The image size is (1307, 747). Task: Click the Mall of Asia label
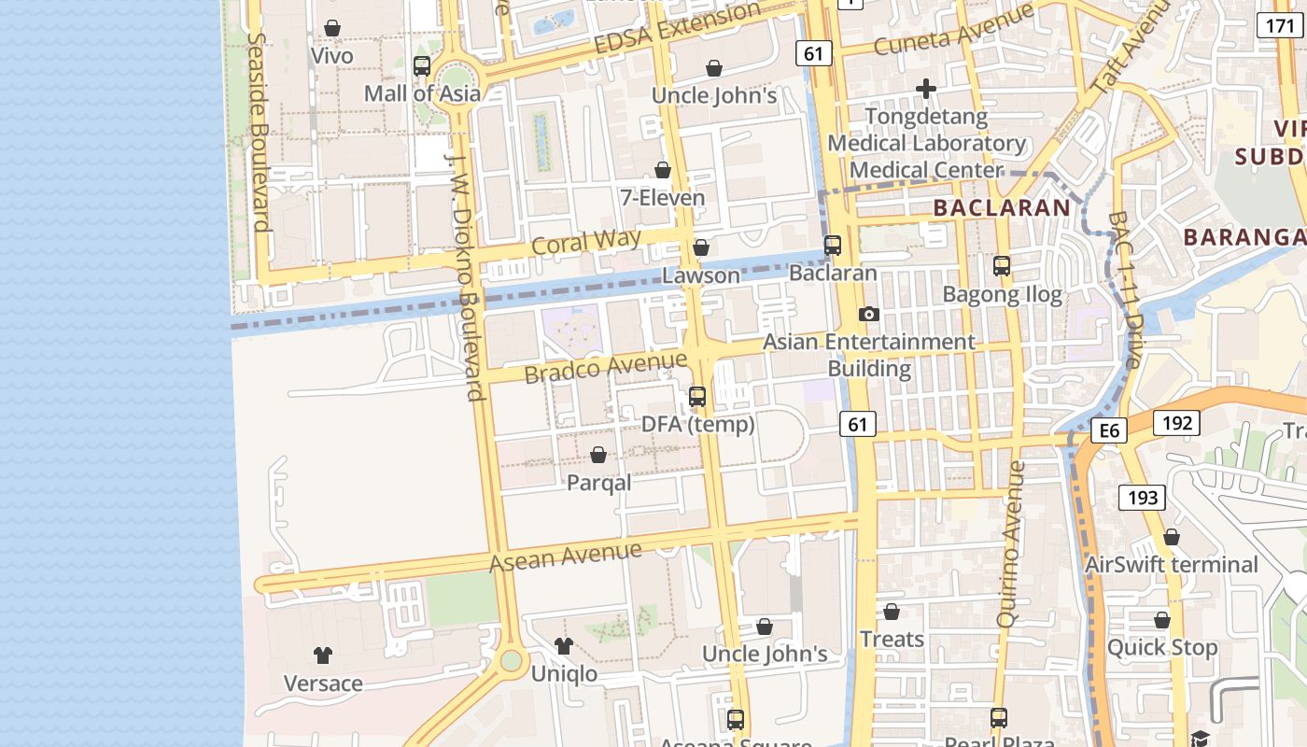click(x=422, y=93)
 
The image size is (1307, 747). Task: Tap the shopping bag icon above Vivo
click(x=331, y=29)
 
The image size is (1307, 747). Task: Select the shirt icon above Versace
click(x=323, y=655)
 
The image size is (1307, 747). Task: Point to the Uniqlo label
click(x=564, y=673)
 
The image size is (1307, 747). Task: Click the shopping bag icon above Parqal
click(x=598, y=455)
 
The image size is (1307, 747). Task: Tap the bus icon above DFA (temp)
click(x=697, y=397)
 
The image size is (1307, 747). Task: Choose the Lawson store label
click(x=700, y=275)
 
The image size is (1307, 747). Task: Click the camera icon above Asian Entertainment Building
click(x=869, y=314)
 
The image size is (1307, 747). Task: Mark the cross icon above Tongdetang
click(x=926, y=89)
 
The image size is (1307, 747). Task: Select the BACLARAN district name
click(x=1001, y=207)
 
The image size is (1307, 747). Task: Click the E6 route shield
click(x=1109, y=430)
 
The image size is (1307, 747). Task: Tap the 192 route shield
click(x=1177, y=423)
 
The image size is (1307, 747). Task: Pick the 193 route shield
click(x=1143, y=497)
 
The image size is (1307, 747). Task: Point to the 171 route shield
click(x=1280, y=25)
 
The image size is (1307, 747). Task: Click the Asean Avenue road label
click(x=566, y=557)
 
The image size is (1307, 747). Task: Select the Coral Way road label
click(x=586, y=242)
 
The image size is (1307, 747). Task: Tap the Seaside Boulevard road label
click(x=260, y=133)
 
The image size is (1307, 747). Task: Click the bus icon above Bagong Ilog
click(x=1002, y=266)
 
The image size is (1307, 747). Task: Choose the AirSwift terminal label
click(x=1171, y=565)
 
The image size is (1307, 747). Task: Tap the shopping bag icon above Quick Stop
click(x=1162, y=620)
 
